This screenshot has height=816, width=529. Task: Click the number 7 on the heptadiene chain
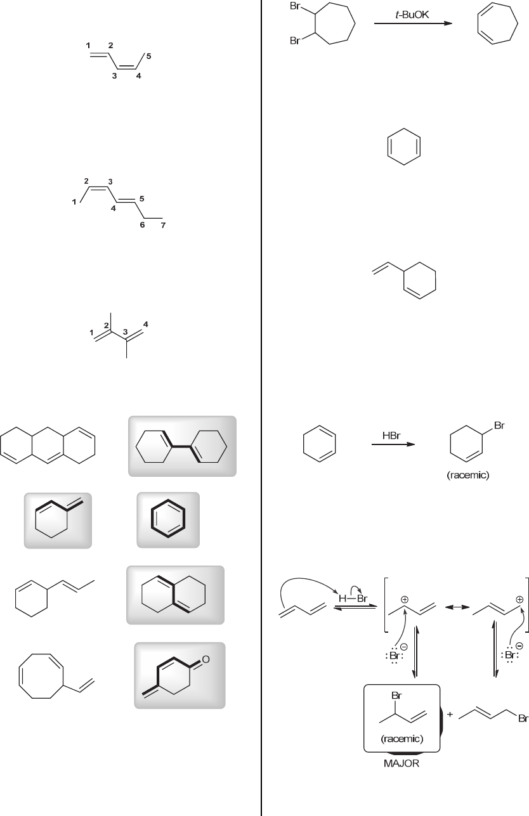(x=162, y=226)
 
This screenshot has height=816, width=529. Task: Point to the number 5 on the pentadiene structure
(x=148, y=56)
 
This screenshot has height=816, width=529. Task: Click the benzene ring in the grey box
(x=168, y=519)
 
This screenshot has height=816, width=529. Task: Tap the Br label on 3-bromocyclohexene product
(x=499, y=426)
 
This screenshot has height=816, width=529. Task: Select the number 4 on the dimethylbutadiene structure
(x=146, y=325)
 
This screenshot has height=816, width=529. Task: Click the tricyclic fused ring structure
(x=48, y=445)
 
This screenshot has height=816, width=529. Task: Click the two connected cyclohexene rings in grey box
(x=183, y=446)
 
